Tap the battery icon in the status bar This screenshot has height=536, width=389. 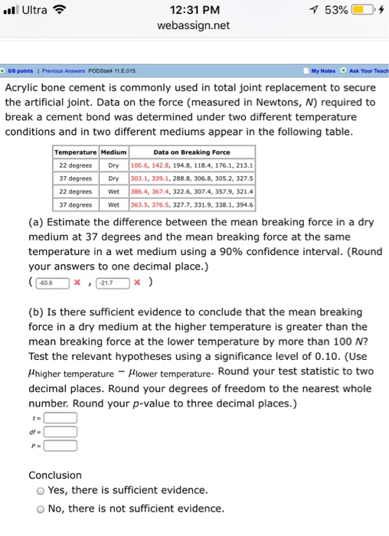click(x=362, y=10)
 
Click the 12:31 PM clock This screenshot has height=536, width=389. click(x=194, y=10)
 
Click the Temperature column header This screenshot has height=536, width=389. click(x=74, y=151)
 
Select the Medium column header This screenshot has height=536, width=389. click(x=113, y=151)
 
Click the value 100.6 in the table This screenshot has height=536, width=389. click(x=141, y=164)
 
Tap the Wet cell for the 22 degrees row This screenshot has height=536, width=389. click(x=113, y=191)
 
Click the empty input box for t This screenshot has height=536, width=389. click(x=61, y=417)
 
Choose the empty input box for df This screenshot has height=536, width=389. click(x=61, y=432)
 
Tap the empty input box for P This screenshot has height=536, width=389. click(x=61, y=446)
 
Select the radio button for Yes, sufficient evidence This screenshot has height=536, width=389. click(x=38, y=491)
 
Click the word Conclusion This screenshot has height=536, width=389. click(x=55, y=475)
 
